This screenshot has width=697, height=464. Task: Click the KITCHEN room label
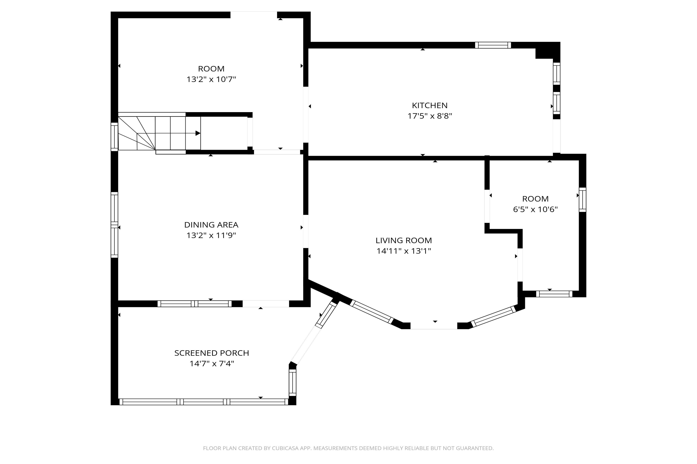point(429,105)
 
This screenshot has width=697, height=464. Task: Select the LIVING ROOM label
point(404,240)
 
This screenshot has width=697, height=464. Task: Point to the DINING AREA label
point(211,225)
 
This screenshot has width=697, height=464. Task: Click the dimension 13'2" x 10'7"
point(211,79)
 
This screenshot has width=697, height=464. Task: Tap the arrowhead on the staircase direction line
point(198,133)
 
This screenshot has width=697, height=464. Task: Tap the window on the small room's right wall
point(582,200)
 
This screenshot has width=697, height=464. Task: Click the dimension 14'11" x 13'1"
point(404,251)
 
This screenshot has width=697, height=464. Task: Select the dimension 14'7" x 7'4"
point(212,364)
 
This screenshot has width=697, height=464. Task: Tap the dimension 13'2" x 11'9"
point(211,235)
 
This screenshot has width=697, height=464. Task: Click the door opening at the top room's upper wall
point(254,15)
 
